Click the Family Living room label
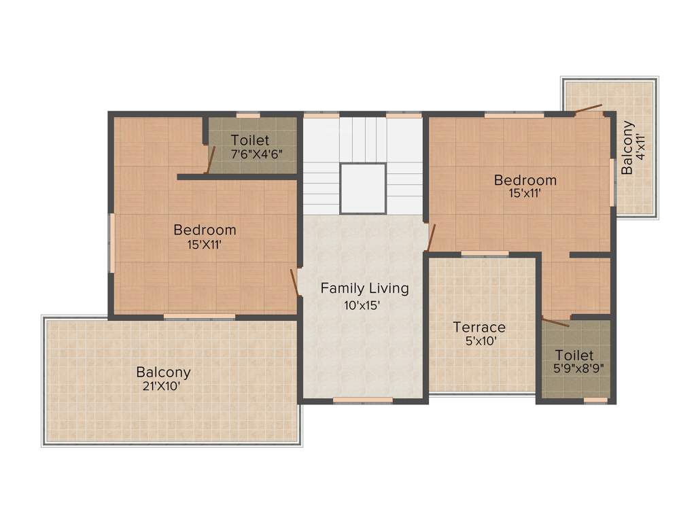365,288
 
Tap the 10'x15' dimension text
365,305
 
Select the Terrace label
479,327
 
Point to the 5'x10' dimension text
479,341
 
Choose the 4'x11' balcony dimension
640,149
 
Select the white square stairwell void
363,188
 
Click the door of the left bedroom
294,283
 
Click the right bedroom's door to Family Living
430,236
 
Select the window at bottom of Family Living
363,400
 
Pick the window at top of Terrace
485,254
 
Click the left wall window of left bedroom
111,243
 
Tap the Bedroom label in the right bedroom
525,180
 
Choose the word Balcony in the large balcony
163,372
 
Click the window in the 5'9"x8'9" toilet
595,400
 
